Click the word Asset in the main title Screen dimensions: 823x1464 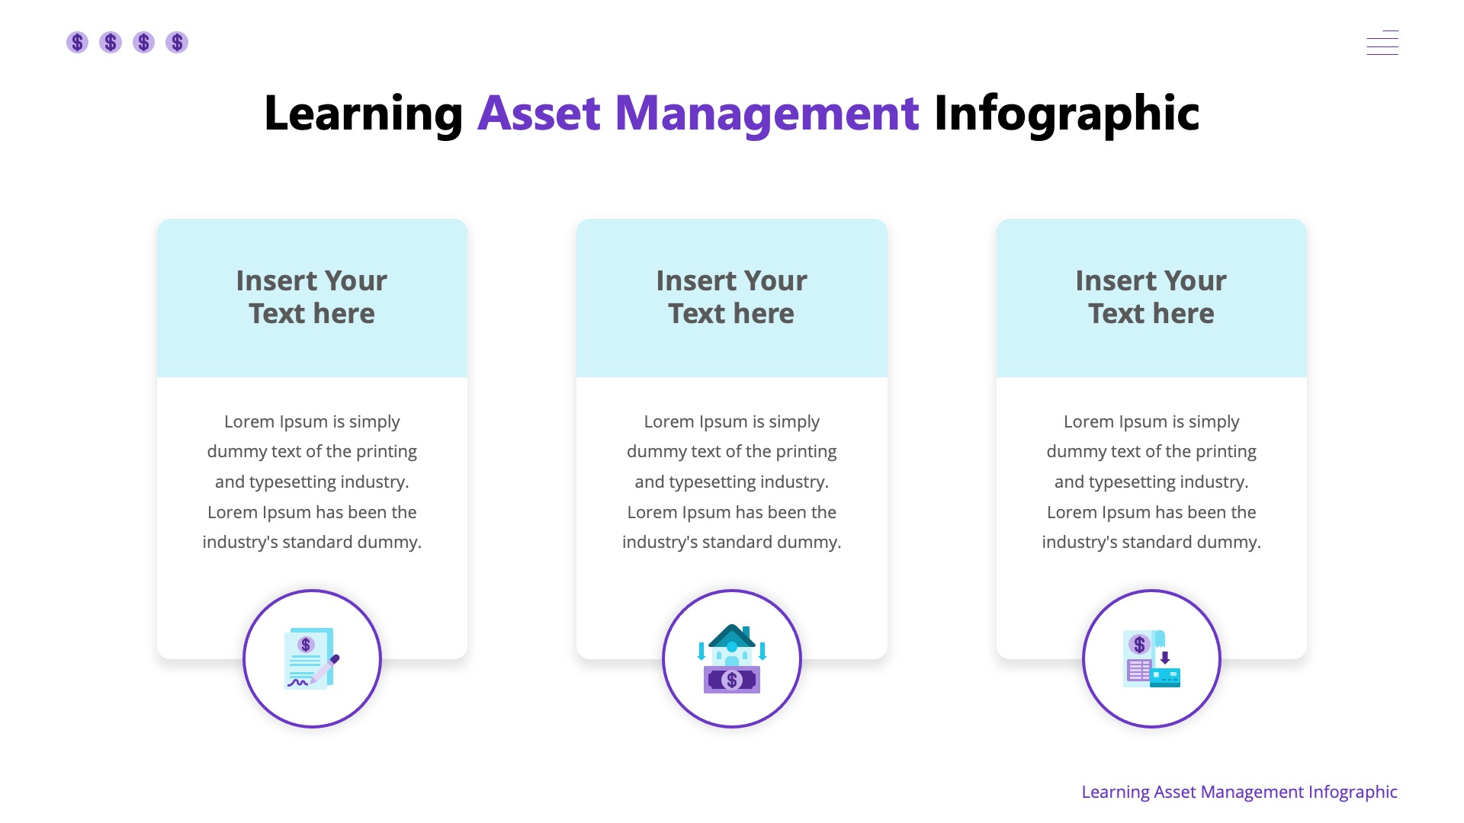coord(539,114)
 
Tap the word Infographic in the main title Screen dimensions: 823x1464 coord(1066,114)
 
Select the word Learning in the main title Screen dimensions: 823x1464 coord(363,114)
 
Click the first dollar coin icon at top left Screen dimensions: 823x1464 coord(77,42)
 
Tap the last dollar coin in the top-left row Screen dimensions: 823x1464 coord(177,42)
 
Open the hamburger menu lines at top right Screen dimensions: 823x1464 coord(1382,43)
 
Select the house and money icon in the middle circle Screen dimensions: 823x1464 coord(732,659)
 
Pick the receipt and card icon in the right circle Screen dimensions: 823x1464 coord(1151,659)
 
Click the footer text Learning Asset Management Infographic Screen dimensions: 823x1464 coord(1239,792)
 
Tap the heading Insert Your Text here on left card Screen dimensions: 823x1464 coord(312,297)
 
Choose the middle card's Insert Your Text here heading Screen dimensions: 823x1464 coord(732,297)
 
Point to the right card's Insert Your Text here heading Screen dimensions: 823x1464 coord(1151,297)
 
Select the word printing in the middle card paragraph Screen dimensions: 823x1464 coord(806,451)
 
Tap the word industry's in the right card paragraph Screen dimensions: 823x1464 coord(1074,542)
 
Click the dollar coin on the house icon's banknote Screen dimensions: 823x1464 coord(732,680)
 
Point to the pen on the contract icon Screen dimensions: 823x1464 coord(326,669)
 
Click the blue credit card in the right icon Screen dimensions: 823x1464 coord(1165,677)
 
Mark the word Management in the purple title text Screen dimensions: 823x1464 coord(766,114)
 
